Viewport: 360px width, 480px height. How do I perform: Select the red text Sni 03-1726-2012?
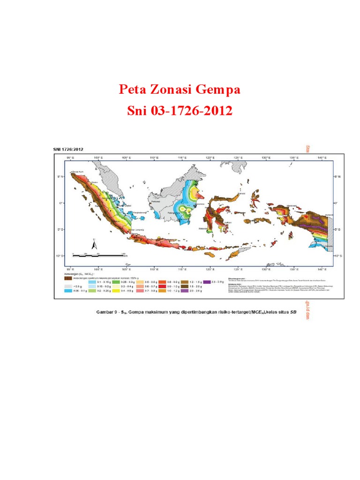point(180,111)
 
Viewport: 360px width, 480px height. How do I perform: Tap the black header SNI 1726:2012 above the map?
point(67,150)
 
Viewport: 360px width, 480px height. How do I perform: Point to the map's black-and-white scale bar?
point(100,255)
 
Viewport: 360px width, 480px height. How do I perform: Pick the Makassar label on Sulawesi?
point(202,229)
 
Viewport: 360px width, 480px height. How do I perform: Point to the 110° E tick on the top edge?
point(153,158)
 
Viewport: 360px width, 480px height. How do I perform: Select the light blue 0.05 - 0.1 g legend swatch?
point(68,291)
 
